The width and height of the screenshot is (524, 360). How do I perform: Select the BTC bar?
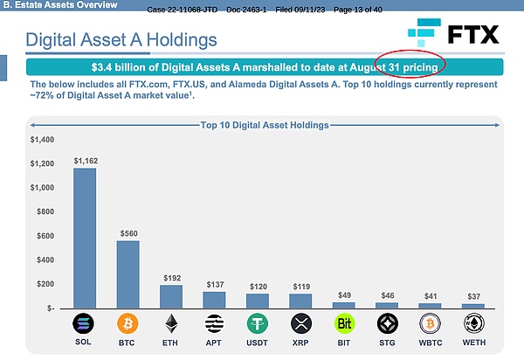[128, 274]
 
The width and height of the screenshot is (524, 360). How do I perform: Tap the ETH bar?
[170, 296]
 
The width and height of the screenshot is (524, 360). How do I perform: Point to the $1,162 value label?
[86, 161]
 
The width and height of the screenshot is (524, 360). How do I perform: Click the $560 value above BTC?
[128, 233]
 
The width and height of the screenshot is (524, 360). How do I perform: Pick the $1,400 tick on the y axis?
[42, 139]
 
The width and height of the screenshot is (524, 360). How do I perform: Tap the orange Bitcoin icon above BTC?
[128, 324]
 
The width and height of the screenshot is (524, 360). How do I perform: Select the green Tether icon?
[258, 324]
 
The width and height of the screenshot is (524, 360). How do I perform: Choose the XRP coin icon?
[300, 324]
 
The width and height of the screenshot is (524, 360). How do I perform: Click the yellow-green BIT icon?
[344, 324]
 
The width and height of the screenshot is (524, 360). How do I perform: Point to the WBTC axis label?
[430, 343]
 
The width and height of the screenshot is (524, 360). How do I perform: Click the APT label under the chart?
[214, 343]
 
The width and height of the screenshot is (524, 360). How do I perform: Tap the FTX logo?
[453, 34]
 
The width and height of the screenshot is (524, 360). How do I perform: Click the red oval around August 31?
[408, 66]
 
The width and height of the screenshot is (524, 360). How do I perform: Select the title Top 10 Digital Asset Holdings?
[265, 125]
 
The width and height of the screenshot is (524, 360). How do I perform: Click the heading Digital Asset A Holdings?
[121, 39]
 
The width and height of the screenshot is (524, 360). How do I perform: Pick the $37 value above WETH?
[473, 296]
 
